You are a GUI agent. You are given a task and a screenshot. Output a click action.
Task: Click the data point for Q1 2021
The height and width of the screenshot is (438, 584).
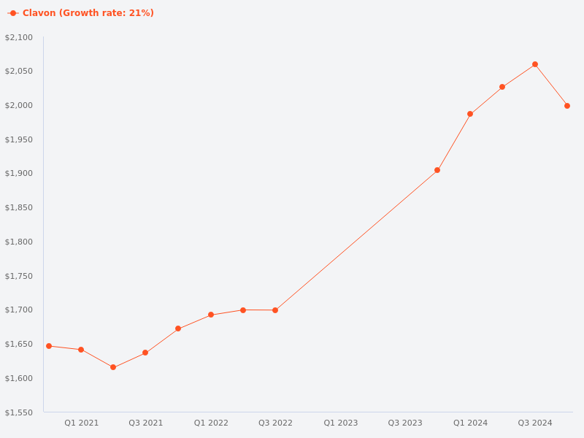81,350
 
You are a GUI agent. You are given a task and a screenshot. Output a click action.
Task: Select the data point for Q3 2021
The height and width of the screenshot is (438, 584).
145,353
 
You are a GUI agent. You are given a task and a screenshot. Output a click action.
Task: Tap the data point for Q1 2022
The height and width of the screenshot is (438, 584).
211,315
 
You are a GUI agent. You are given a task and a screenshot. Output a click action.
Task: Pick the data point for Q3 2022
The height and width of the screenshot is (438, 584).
275,310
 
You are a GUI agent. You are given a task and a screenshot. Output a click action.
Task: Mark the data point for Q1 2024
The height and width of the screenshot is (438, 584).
470,114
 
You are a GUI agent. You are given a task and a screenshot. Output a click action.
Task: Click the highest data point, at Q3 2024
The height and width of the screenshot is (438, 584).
535,64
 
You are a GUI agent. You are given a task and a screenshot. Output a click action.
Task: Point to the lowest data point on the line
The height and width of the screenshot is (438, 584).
113,367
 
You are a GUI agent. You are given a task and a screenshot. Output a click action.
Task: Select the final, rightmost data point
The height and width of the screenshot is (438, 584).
567,106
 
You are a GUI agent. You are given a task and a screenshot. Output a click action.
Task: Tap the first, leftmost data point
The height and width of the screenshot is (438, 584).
49,346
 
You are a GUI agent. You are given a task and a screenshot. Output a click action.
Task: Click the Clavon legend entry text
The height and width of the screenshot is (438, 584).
88,13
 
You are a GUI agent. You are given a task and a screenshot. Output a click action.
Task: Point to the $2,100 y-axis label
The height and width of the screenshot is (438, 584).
19,37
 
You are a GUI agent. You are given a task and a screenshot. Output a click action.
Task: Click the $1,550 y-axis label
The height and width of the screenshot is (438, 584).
19,412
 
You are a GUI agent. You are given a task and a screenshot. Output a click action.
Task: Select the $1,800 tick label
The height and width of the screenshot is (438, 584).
19,242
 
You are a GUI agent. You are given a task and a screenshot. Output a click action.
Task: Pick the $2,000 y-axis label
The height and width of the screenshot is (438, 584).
19,105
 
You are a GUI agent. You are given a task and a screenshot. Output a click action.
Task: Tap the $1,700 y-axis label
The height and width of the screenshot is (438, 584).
19,310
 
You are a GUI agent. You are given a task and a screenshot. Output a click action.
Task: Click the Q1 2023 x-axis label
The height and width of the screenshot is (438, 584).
341,423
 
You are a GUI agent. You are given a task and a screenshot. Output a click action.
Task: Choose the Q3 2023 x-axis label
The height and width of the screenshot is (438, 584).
405,423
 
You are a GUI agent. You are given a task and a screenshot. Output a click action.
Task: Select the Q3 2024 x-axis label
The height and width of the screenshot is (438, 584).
535,423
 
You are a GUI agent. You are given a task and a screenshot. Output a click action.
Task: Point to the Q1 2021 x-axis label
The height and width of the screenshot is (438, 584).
81,423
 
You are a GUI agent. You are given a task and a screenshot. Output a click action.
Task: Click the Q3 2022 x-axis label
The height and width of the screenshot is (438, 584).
275,423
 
